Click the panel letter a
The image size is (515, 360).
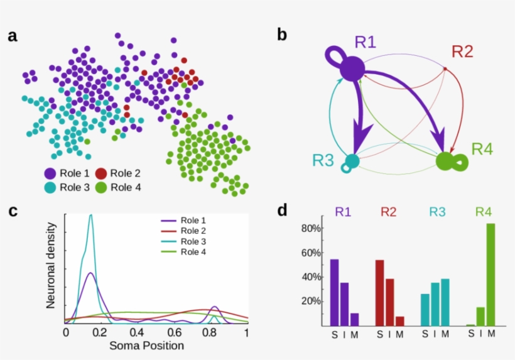pos(13,36)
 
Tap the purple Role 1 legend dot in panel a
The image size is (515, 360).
pos(50,173)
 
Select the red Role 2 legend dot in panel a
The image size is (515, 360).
pos(100,173)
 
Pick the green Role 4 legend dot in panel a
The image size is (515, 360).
pos(100,187)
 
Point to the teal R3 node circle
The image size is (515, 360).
pos(352,161)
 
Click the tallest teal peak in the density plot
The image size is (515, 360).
pos(91,217)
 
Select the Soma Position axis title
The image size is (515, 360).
pos(146,346)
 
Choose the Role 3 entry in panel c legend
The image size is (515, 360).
pos(192,241)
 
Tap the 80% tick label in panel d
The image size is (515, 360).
pos(311,229)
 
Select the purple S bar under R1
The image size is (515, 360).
pos(334,292)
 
